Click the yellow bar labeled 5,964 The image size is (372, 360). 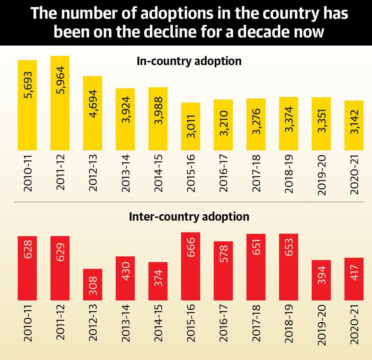pos(60,103)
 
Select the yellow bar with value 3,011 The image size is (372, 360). pos(191,126)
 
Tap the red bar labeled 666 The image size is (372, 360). pos(191,266)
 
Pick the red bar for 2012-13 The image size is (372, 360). pos(93,285)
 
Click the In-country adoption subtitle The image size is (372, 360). pos(189,61)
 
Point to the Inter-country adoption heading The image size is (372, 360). pos(189,216)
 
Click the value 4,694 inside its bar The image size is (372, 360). pos(93,103)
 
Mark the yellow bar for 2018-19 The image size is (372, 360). pos(289,124)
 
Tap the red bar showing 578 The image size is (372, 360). pos(223,271)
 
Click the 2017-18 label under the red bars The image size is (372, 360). pos(256,324)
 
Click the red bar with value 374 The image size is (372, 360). pos(158,281)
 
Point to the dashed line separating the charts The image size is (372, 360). pos(189,202)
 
